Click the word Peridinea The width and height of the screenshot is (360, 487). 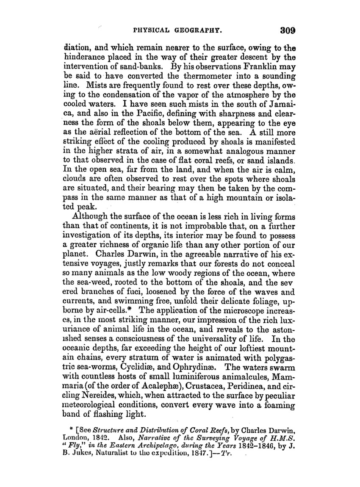278,370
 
